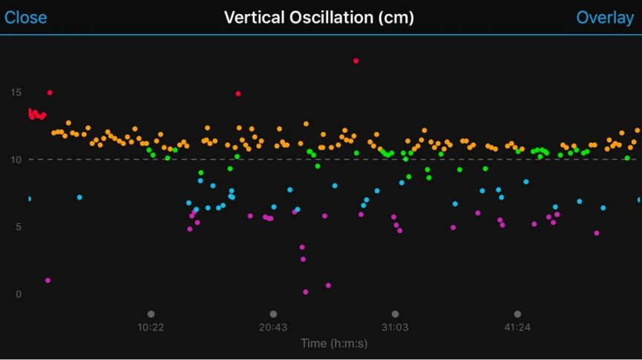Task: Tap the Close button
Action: (25, 17)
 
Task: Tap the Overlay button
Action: (605, 17)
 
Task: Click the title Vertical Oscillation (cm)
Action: (319, 17)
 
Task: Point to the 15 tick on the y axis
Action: (16, 92)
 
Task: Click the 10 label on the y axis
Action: (16, 160)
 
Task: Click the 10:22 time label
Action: (151, 327)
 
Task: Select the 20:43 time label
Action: (273, 327)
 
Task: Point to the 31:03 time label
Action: (395, 327)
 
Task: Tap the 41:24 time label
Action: (517, 327)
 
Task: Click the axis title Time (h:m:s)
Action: (334, 344)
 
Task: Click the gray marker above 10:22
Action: (151, 314)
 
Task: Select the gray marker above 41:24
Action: (517, 314)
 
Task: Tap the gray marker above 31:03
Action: (395, 314)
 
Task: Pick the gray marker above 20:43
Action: (273, 314)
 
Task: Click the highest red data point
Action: (356, 61)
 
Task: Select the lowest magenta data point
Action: (306, 292)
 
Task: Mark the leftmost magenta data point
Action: (48, 281)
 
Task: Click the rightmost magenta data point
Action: (596, 233)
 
